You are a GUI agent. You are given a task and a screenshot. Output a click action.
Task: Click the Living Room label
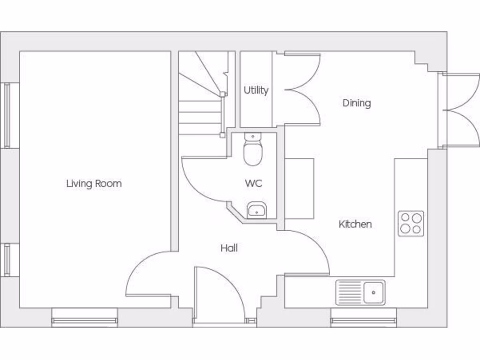(94, 183)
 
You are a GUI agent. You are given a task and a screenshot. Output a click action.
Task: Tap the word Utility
(256, 90)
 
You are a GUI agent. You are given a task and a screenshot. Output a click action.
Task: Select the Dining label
(357, 103)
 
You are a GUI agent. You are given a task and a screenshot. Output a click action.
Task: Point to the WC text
(253, 183)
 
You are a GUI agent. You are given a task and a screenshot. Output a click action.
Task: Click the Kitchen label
(355, 224)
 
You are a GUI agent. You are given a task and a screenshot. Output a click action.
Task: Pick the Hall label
(229, 247)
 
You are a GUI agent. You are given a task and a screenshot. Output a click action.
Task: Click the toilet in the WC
(253, 150)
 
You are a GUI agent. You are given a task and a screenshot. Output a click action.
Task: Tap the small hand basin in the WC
(256, 210)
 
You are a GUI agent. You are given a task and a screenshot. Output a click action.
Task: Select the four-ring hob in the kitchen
(411, 223)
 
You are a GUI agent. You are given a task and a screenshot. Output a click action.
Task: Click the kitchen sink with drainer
(360, 292)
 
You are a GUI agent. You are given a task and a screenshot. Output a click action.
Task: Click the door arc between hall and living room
(148, 274)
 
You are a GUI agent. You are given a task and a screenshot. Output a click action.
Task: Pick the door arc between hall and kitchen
(307, 251)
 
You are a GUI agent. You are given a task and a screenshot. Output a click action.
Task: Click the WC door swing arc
(202, 180)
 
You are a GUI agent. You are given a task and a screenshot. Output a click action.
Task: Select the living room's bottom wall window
(84, 320)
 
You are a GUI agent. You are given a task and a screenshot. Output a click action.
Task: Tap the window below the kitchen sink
(363, 321)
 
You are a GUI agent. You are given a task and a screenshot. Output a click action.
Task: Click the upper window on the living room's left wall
(7, 115)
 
